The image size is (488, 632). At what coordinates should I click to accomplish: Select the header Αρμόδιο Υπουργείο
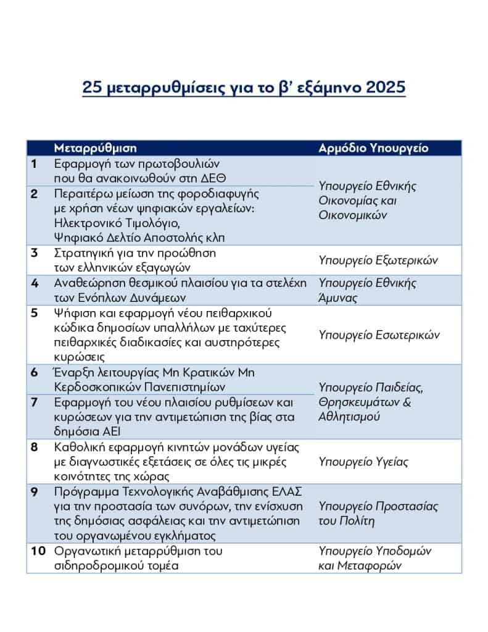pos(373,148)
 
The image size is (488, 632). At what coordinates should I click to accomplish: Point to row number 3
pos(35,252)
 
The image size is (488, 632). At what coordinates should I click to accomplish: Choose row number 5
pos(35,312)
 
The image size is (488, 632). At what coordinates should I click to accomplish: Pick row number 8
pos(35,446)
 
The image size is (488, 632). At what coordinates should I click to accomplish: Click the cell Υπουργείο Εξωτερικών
pos(378,260)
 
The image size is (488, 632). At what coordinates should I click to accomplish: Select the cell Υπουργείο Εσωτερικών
pos(379,335)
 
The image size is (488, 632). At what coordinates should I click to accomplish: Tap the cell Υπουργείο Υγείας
pos(363,462)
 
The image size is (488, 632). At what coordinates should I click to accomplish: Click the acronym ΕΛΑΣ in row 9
pos(283,491)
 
